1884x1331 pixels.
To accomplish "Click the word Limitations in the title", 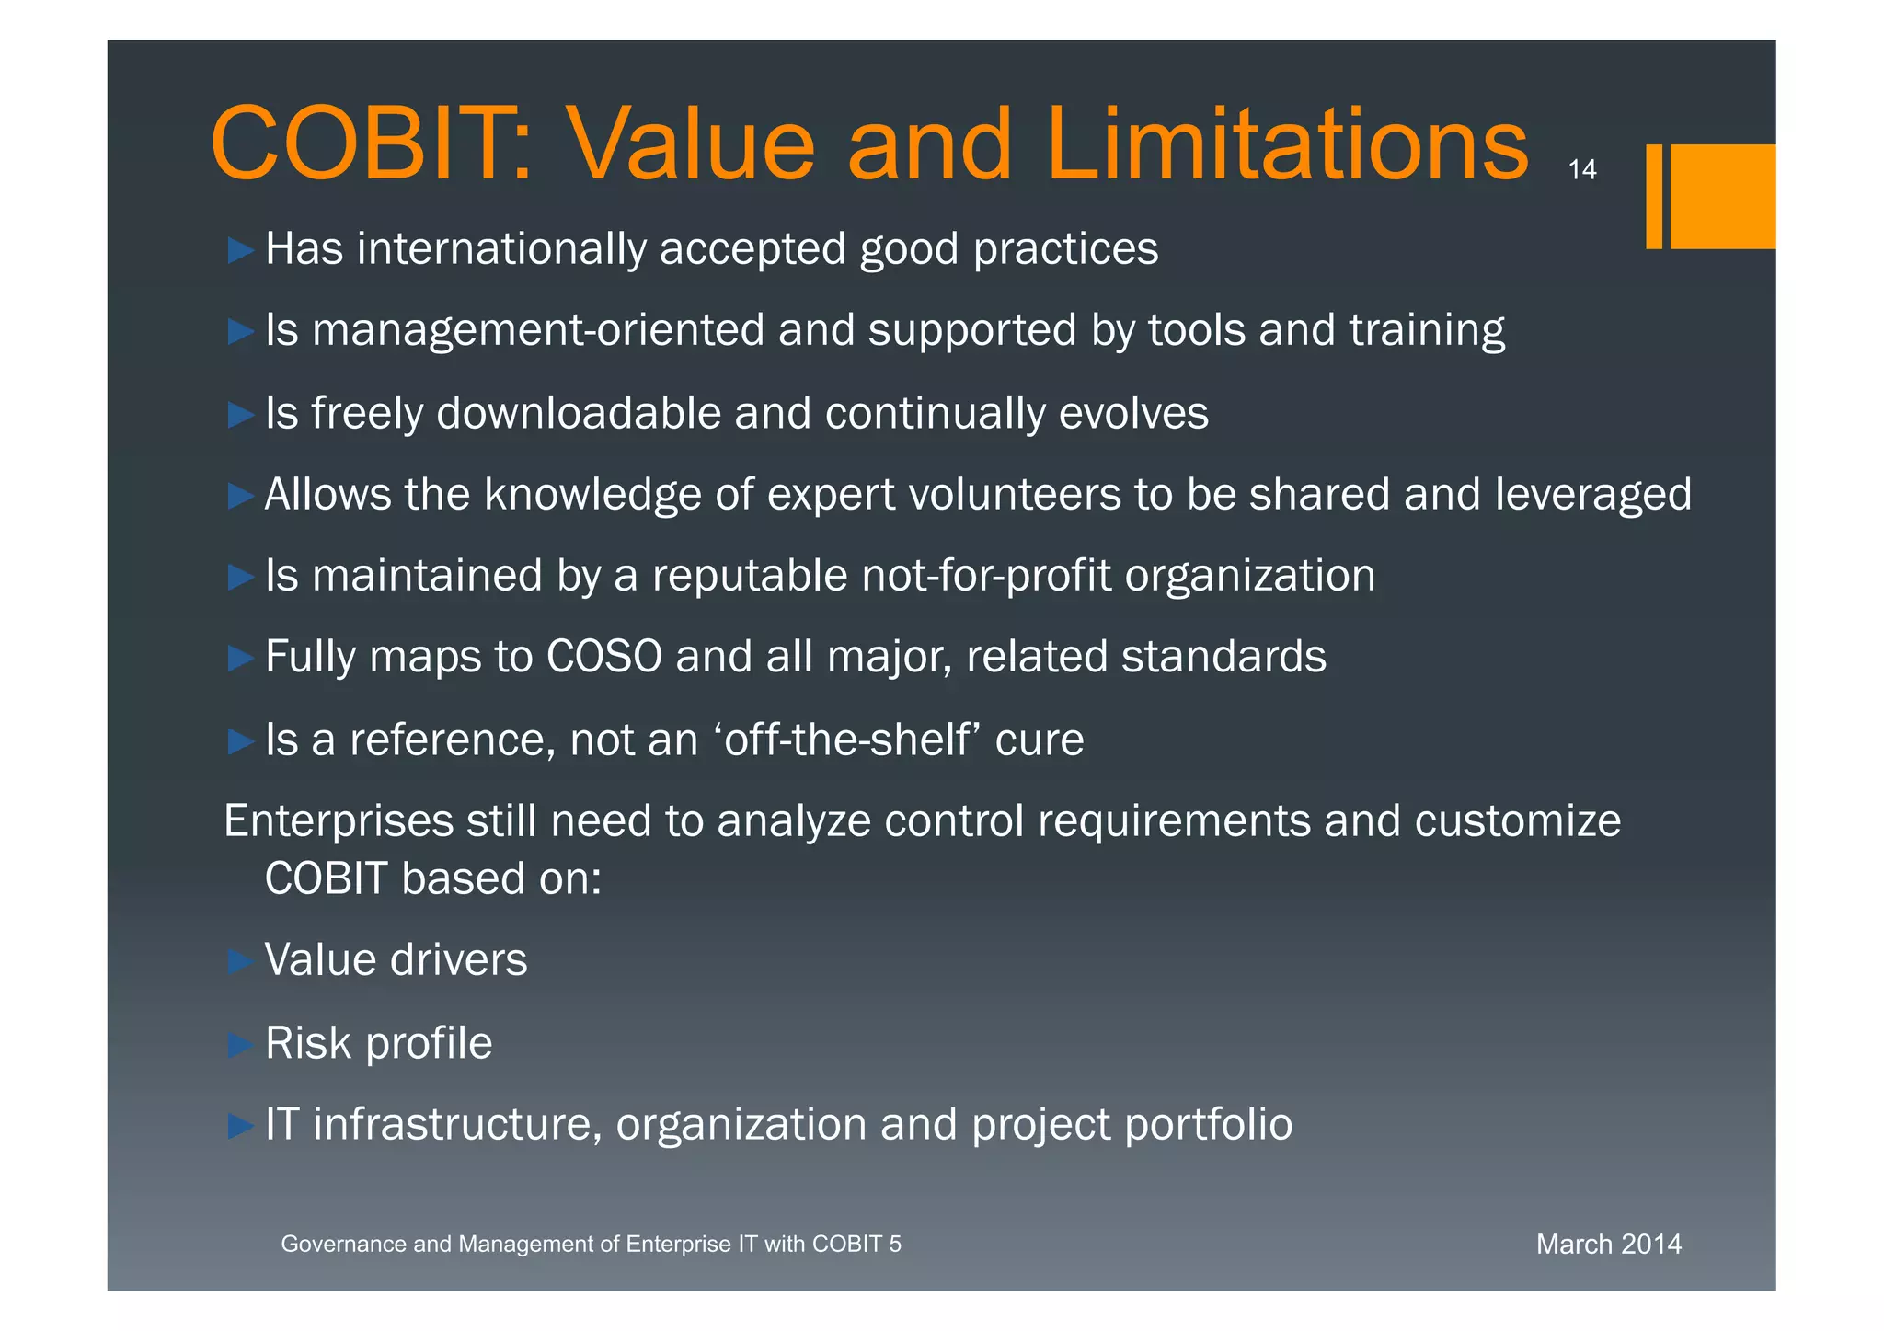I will tap(1286, 145).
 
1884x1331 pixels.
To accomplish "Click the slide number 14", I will tap(1581, 170).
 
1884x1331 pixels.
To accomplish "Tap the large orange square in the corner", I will tap(1722, 196).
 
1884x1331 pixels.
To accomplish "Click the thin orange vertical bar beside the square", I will tap(1654, 196).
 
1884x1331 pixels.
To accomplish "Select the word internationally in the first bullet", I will tap(501, 249).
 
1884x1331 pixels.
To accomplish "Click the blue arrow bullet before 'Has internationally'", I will tap(240, 250).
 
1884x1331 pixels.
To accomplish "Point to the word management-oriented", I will tap(538, 331).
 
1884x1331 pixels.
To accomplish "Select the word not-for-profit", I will tap(986, 576).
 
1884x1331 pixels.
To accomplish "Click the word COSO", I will tap(604, 657).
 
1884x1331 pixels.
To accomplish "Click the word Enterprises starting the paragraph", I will tap(339, 821).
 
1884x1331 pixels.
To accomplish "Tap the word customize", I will tap(1517, 821).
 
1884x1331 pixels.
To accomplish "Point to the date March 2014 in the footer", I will tap(1608, 1245).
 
